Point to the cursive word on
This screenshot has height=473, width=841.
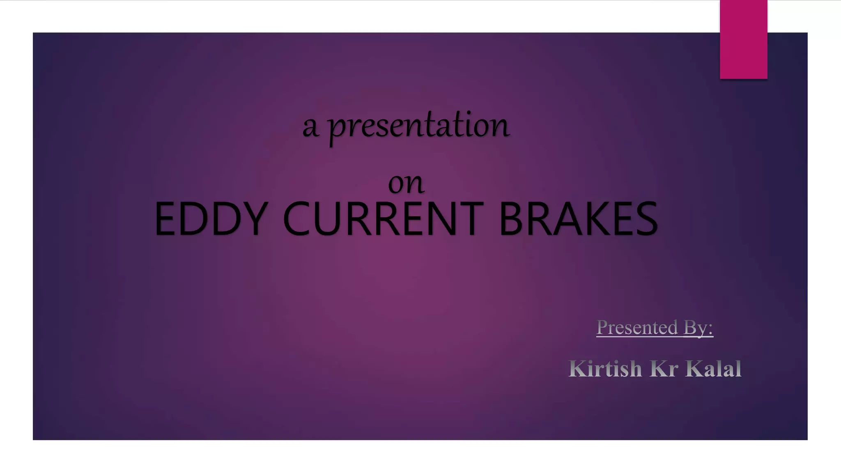coord(406,183)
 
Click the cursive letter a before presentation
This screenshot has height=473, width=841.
coord(310,127)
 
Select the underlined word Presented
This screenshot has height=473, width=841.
coord(637,328)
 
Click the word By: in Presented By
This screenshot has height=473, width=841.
coord(698,328)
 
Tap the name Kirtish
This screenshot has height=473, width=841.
coord(605,368)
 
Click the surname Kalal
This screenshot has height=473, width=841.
coord(713,368)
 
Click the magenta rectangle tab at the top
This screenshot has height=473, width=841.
coord(743,39)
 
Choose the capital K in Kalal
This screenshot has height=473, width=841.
coord(693,368)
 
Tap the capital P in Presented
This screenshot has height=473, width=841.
coord(602,327)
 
